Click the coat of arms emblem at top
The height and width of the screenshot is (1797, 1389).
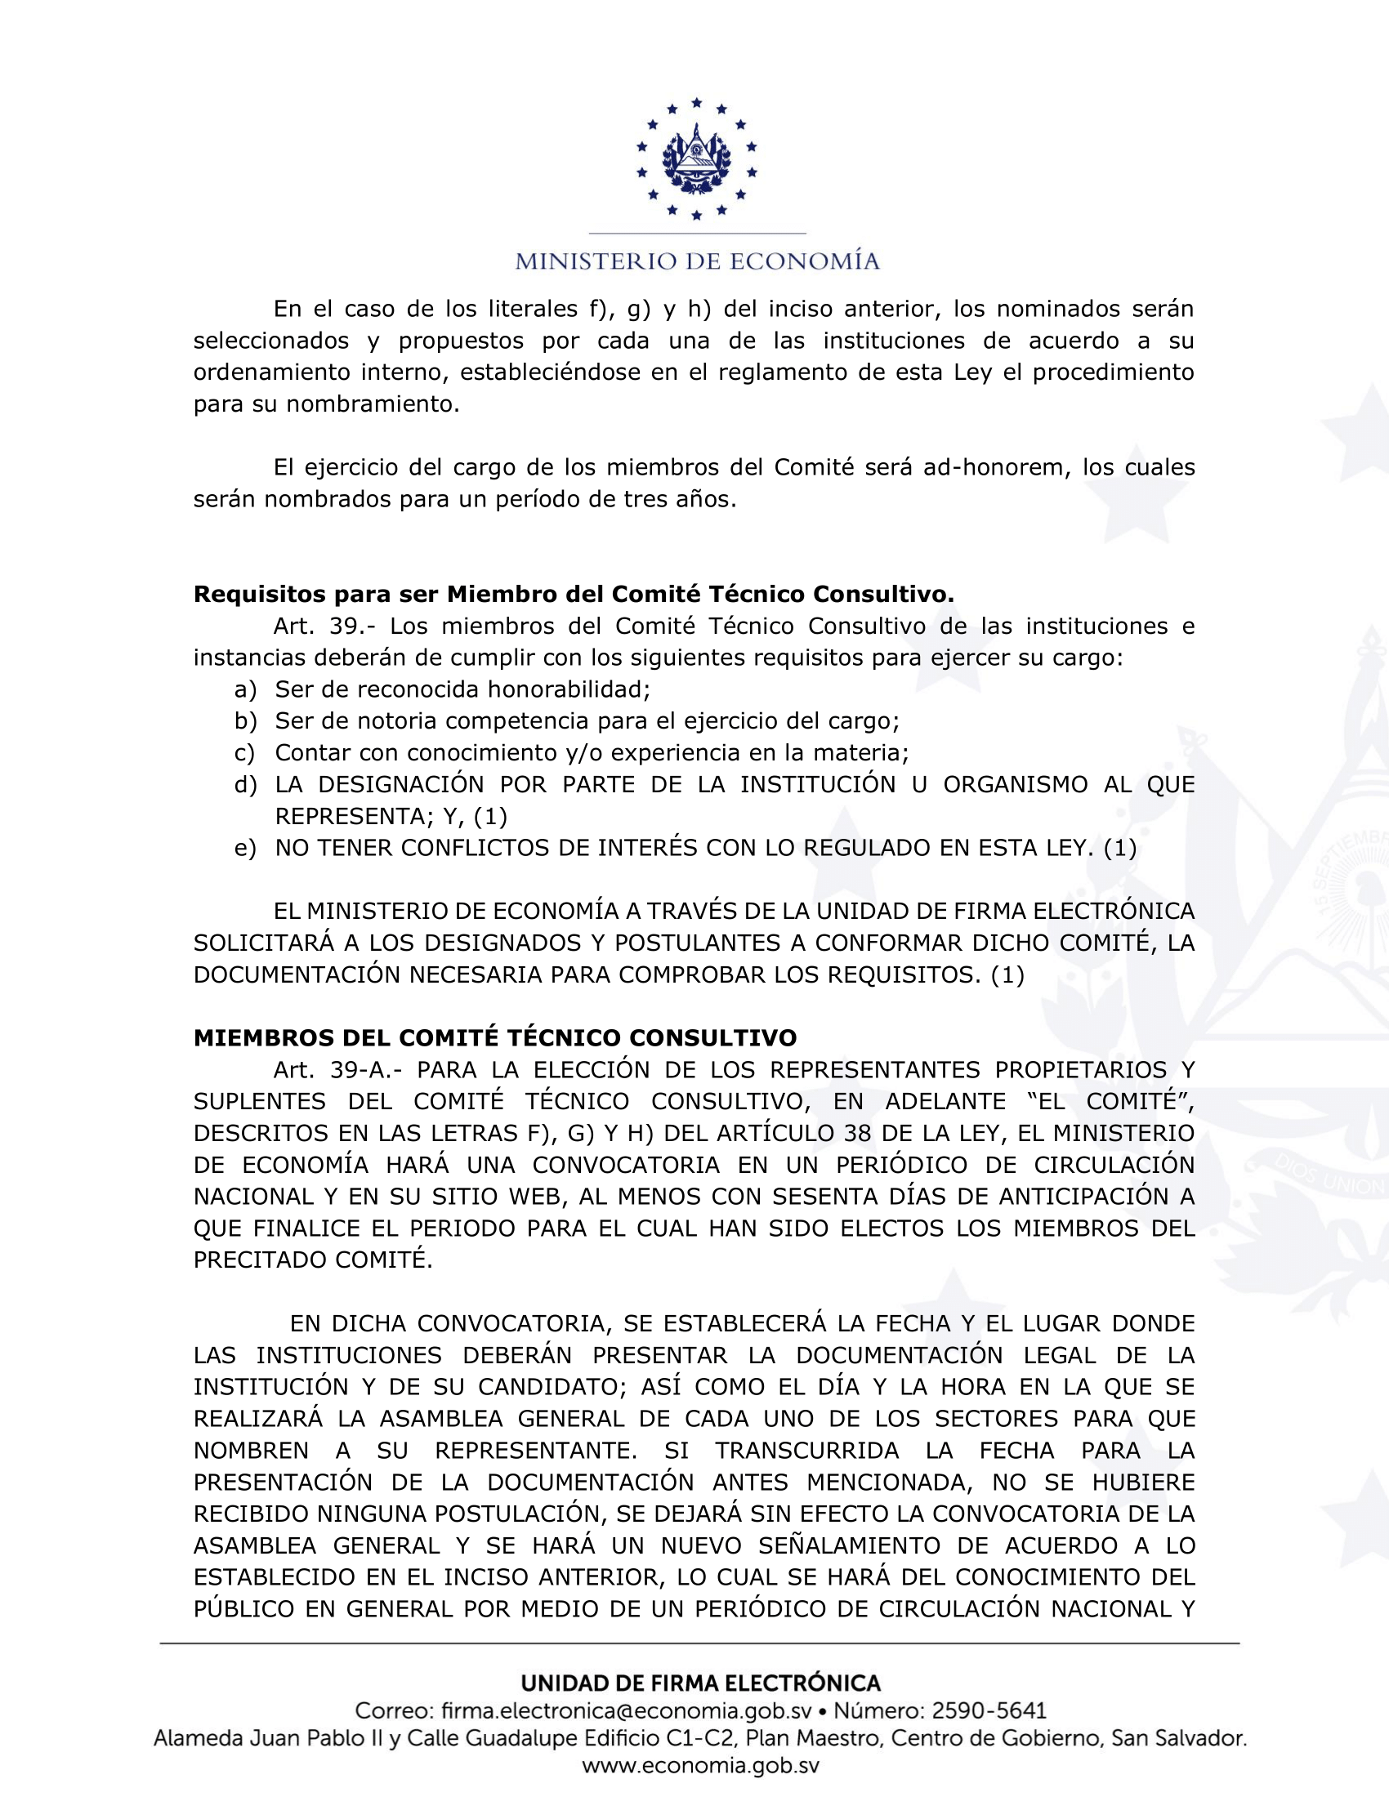pos(696,158)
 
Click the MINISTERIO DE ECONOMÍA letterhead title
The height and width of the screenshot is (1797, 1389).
pos(697,261)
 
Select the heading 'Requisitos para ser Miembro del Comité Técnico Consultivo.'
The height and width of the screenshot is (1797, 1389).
pos(574,594)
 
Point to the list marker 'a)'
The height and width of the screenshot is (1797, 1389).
pos(245,689)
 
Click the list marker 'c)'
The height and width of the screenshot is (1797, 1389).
pos(244,753)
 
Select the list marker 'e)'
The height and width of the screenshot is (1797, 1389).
pos(245,849)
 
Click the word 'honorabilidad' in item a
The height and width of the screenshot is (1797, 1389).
pos(566,689)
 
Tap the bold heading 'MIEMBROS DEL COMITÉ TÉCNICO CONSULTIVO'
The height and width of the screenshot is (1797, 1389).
pos(494,1037)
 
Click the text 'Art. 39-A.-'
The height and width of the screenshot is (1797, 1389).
pos(339,1070)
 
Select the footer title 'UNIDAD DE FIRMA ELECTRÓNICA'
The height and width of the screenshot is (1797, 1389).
pos(700,1683)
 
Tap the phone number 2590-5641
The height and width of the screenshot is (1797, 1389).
pos(989,1711)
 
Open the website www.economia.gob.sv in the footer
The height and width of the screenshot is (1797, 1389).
pos(700,1766)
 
